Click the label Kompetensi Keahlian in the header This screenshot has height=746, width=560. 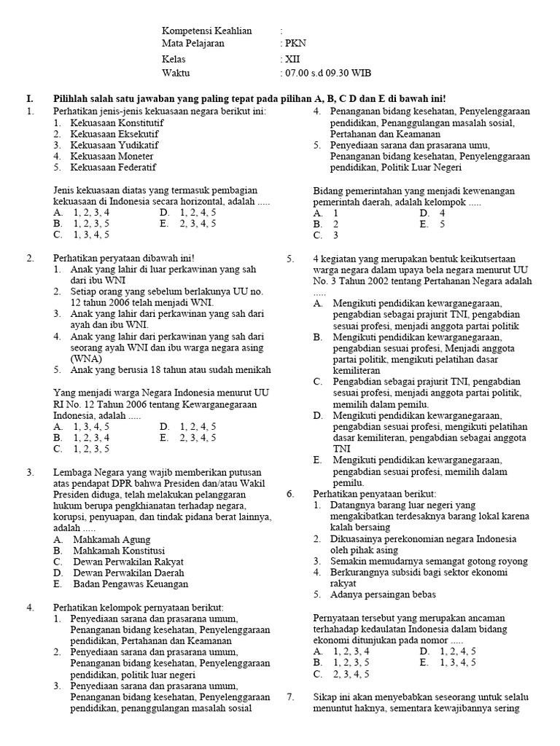[207, 31]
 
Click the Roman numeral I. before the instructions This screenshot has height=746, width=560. [30, 98]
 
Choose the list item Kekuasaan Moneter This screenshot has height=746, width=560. [112, 157]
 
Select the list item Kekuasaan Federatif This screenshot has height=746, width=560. [113, 168]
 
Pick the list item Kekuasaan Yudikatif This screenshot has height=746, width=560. [114, 145]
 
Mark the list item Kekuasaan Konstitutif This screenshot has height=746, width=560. [117, 122]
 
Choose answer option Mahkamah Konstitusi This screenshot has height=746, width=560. [119, 551]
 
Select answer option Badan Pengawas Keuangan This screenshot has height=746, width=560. [130, 584]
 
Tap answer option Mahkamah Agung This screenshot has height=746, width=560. [112, 540]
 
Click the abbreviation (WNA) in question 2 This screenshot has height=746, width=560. [86, 358]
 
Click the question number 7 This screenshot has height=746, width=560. [290, 697]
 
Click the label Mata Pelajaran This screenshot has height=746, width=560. [192, 43]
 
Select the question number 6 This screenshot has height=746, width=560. [290, 493]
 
